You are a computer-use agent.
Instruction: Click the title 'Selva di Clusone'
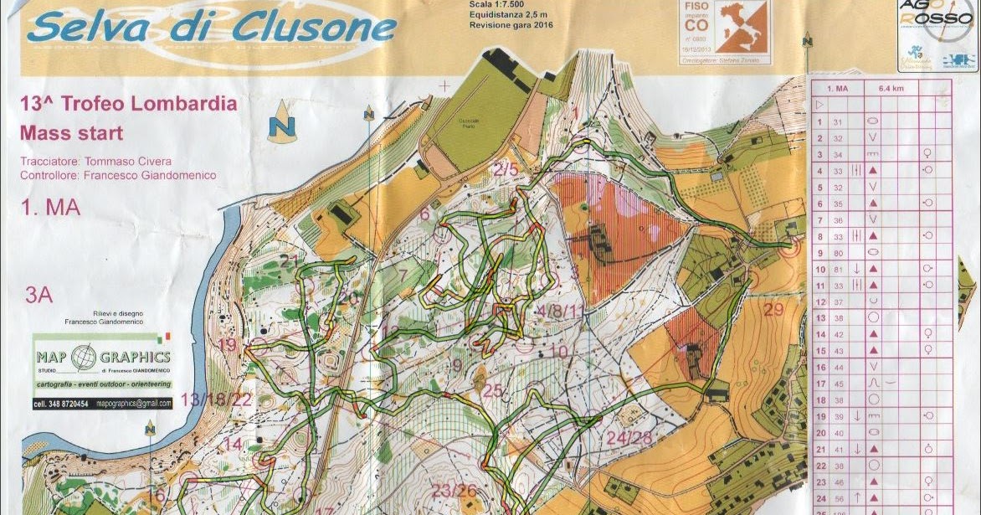[211, 28]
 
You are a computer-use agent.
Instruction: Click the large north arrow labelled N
[284, 123]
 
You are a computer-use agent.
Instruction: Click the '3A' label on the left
[39, 294]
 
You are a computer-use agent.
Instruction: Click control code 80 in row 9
[838, 251]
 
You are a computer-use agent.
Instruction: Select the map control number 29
[774, 311]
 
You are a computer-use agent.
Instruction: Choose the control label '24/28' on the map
[629, 438]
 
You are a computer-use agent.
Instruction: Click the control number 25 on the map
[493, 390]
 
